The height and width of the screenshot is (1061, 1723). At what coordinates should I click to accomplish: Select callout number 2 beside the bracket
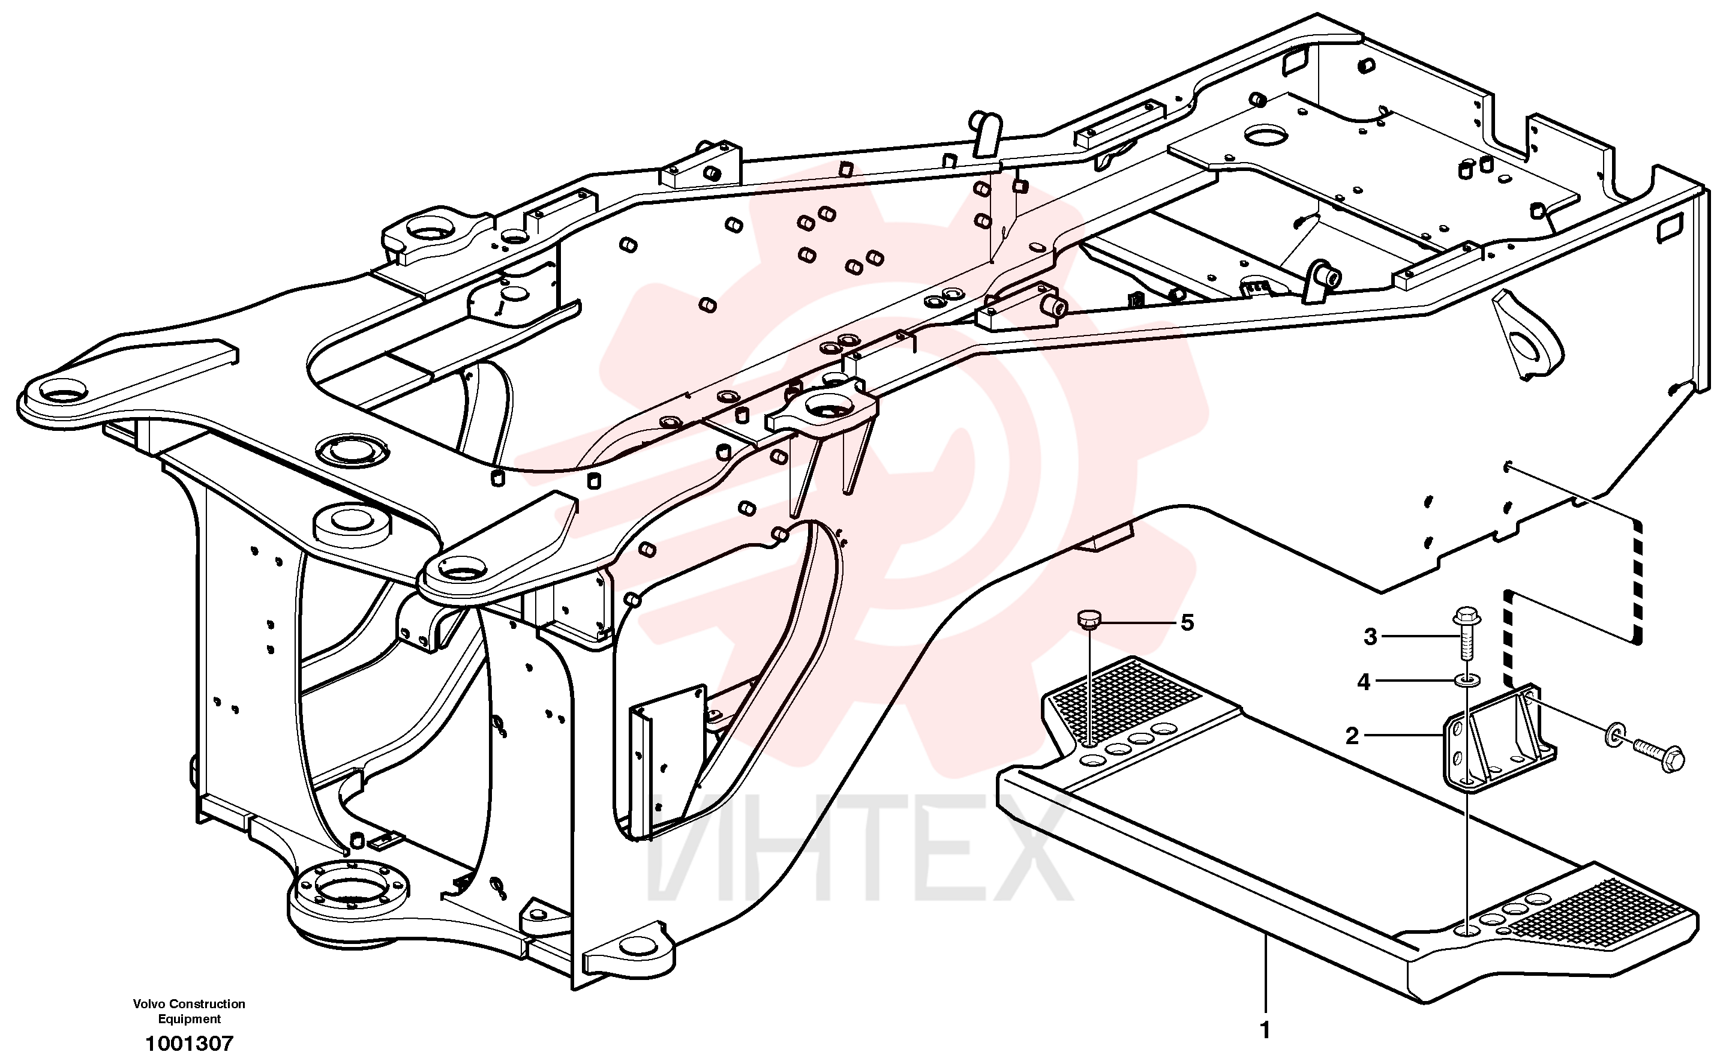click(x=1352, y=736)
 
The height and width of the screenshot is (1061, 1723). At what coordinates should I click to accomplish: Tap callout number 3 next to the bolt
click(x=1370, y=637)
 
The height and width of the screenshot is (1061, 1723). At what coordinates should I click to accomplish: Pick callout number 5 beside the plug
click(x=1187, y=622)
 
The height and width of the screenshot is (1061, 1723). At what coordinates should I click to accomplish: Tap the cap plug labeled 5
click(x=1088, y=621)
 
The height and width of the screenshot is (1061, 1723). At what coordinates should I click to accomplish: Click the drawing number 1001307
click(x=190, y=1044)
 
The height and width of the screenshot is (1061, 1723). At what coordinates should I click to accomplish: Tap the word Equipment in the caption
click(x=190, y=1019)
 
